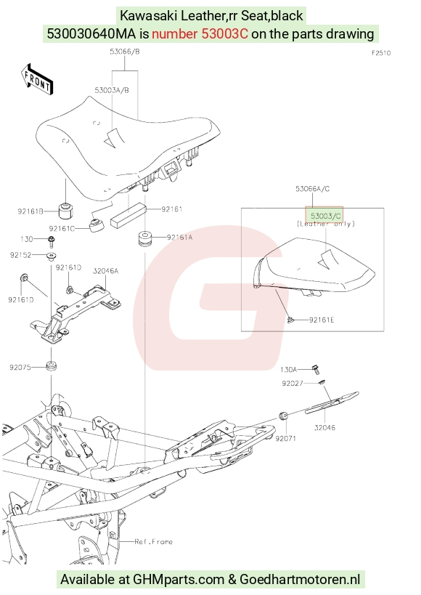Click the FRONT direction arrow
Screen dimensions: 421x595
click(36, 79)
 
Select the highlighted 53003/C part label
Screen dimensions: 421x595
click(326, 216)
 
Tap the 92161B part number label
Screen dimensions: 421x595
click(30, 211)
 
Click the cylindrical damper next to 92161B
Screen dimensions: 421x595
click(65, 211)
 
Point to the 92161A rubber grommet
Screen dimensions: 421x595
click(144, 238)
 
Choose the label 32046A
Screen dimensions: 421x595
click(105, 271)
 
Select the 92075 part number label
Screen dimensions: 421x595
click(20, 368)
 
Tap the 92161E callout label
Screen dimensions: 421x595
click(322, 320)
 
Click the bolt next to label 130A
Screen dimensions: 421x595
click(315, 369)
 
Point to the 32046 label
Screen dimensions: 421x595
click(324, 428)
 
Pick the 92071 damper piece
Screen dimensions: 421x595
click(283, 416)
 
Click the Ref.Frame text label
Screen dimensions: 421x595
click(153, 541)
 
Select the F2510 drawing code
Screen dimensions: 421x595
click(381, 53)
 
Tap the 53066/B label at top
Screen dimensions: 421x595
click(125, 52)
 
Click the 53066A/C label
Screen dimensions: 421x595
click(313, 189)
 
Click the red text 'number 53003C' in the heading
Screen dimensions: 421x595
click(200, 33)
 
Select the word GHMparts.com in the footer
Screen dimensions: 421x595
click(179, 580)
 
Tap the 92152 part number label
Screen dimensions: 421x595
click(20, 256)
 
